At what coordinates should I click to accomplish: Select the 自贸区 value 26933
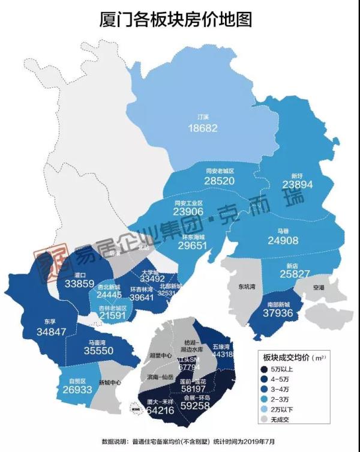click(77, 390)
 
